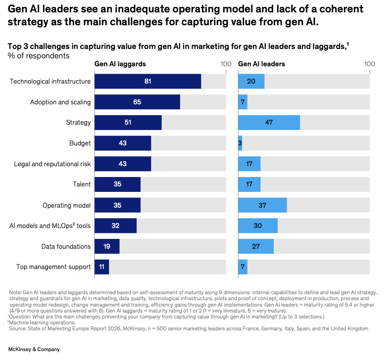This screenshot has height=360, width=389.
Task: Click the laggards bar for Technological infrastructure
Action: (147, 81)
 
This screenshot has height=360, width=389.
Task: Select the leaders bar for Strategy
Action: (269, 123)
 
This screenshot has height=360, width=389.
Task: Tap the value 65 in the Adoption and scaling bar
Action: (137, 102)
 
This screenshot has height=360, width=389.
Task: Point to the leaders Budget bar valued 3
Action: (240, 143)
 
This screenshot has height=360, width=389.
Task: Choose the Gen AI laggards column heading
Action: (120, 64)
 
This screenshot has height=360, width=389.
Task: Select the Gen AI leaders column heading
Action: (262, 64)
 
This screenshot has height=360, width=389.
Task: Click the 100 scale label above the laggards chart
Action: (226, 64)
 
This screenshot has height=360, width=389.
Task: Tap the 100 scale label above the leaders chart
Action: (369, 64)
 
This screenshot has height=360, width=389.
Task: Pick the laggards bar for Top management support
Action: (101, 267)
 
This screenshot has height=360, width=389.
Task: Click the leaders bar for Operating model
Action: (262, 205)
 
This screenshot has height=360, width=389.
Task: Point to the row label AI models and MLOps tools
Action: (50, 226)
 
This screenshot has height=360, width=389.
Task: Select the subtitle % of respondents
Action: (39, 55)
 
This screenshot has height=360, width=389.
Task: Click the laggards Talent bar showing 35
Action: (117, 184)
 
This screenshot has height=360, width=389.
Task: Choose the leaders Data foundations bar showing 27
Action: (256, 246)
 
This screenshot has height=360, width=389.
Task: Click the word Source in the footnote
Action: (18, 328)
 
